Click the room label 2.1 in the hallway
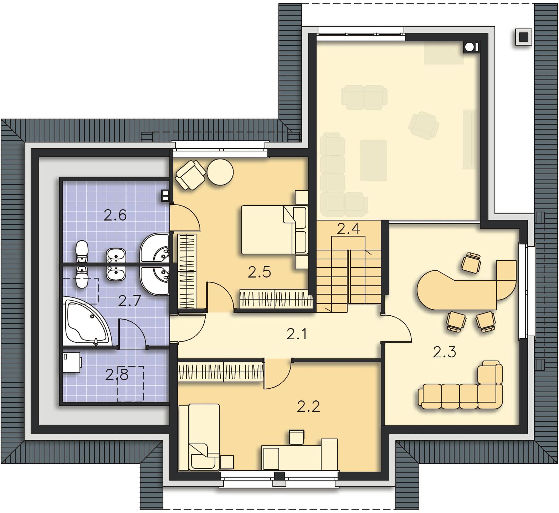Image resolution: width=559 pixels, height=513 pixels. [x=297, y=334]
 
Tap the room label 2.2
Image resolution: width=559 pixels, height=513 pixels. [x=309, y=406]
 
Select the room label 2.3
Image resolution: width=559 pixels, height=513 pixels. [x=445, y=352]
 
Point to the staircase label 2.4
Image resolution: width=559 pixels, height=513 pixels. [x=348, y=229]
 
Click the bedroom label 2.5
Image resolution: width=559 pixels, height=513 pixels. [x=260, y=272]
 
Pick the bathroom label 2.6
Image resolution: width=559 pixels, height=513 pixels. [x=115, y=215]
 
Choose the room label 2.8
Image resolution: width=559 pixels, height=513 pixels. [x=117, y=374]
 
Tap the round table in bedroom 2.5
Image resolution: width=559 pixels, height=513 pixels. [x=220, y=172]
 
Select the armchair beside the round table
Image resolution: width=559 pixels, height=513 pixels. [x=190, y=175]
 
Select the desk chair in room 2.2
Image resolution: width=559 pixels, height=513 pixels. [x=297, y=437]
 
